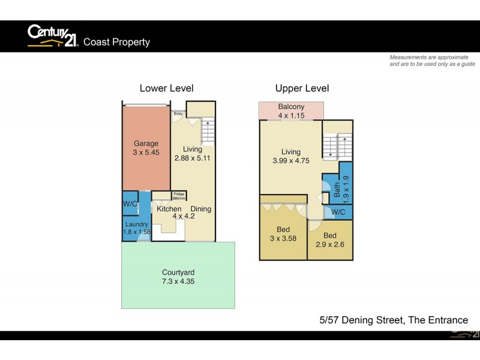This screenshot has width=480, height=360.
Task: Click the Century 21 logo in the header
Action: click(53, 35)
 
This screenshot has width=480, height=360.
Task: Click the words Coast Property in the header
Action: click(116, 42)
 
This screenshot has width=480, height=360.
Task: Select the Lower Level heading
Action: click(166, 88)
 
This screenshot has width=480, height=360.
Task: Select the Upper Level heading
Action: click(302, 88)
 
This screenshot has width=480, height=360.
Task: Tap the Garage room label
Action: click(146, 143)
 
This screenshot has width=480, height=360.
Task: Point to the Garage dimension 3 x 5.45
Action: click(146, 152)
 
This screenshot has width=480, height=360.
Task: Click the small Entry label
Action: click(178, 113)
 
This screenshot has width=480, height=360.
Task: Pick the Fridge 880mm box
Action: click(179, 196)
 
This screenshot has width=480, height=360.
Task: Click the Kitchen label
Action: click(169, 209)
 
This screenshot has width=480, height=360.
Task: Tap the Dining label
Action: click(201, 209)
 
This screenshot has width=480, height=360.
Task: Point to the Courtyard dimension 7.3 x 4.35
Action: click(178, 281)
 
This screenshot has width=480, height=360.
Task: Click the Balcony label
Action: click(291, 107)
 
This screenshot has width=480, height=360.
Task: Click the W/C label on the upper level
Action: click(338, 212)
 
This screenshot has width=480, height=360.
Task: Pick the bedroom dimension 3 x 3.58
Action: click(283, 239)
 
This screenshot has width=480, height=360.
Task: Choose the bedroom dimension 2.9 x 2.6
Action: click(329, 245)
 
